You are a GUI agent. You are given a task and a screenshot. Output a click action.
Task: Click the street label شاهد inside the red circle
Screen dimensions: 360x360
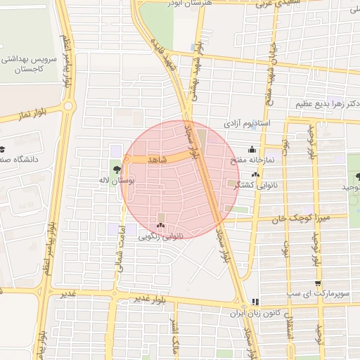tap(157, 160)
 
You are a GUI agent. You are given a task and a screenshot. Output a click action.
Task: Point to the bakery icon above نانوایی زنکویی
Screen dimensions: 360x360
tap(161, 226)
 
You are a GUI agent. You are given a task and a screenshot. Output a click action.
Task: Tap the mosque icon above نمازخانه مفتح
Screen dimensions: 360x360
tap(251, 150)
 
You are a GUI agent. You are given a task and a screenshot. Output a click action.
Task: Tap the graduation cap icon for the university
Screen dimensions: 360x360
tap(2, 149)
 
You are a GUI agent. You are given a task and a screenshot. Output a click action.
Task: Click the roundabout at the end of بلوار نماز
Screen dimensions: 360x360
tap(68, 106)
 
